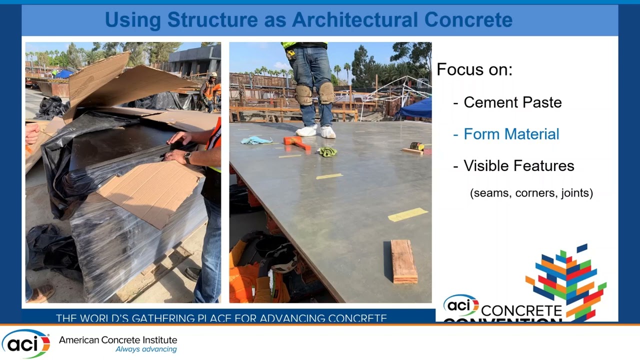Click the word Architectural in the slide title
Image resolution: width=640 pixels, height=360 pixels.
tap(355, 20)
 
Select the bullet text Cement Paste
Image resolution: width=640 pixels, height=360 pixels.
tap(512, 102)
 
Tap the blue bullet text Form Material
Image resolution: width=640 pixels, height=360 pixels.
tap(511, 134)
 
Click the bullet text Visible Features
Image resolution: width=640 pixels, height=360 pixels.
tap(518, 166)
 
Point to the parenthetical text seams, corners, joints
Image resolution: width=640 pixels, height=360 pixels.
tap(531, 193)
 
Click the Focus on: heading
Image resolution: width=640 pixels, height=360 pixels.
tap(474, 69)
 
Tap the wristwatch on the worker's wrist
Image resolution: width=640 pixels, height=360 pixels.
tap(187, 157)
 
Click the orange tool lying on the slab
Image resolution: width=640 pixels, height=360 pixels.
tap(297, 143)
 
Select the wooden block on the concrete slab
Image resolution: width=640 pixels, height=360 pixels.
tap(403, 261)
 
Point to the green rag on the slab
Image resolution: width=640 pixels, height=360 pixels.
tap(327, 151)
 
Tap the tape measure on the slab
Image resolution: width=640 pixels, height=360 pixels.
tap(416, 146)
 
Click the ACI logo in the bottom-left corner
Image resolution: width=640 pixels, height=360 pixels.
tap(25, 343)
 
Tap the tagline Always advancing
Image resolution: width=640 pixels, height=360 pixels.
tap(146, 349)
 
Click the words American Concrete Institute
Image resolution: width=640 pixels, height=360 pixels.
tap(118, 340)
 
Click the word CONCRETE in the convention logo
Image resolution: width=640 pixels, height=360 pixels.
tap(521, 311)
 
